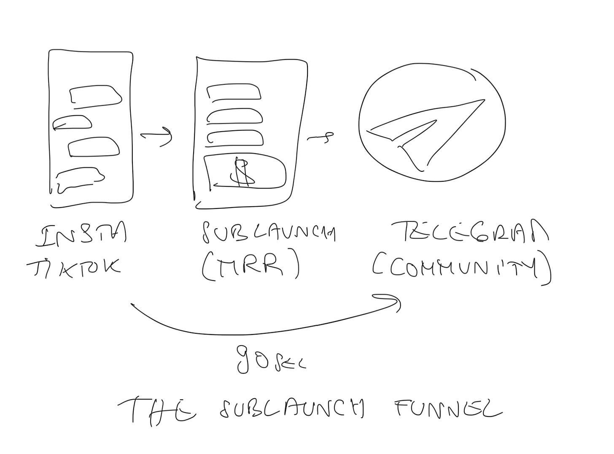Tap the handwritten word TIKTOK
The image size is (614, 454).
tap(74, 268)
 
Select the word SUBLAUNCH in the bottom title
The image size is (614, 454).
tap(291, 409)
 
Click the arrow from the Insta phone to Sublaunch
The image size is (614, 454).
tap(156, 136)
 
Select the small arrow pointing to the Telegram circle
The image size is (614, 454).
tap(320, 137)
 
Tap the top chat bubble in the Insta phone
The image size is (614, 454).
tap(96, 95)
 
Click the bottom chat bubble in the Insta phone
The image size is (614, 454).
tap(80, 179)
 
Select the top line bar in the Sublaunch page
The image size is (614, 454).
tap(234, 92)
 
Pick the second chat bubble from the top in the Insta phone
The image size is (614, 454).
tap(73, 122)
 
